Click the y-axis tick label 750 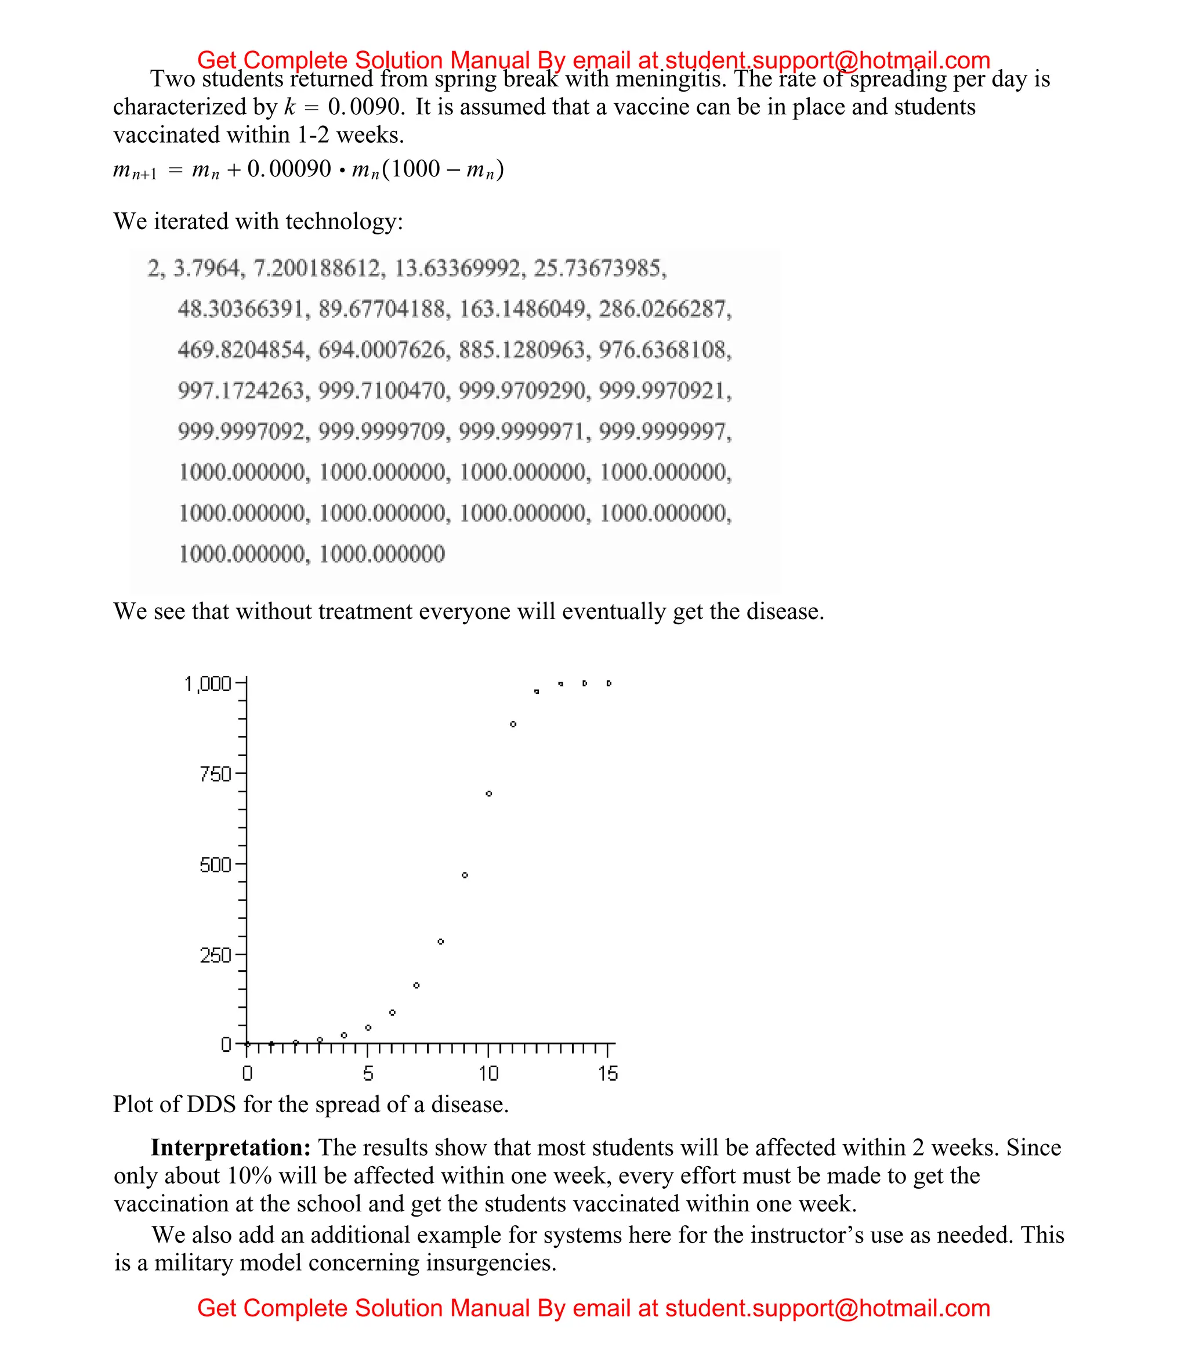(x=215, y=774)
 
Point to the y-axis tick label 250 (x=215, y=956)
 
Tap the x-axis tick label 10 (x=488, y=1074)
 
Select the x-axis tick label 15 (x=608, y=1074)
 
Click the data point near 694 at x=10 (x=489, y=794)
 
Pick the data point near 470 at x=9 (x=465, y=875)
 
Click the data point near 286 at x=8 (x=441, y=942)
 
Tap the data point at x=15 (x=609, y=683)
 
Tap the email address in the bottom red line (x=827, y=1308)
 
